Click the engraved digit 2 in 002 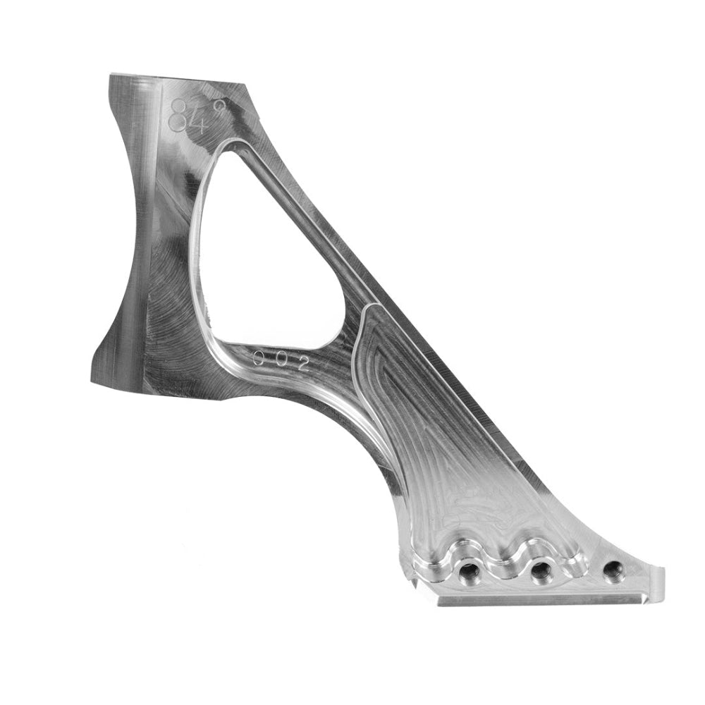pyautogui.click(x=303, y=364)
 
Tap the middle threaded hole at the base pyautogui.click(x=541, y=572)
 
